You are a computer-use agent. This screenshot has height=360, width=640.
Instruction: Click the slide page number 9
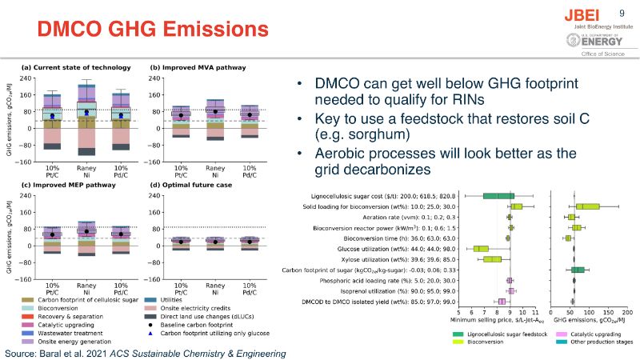click(622, 12)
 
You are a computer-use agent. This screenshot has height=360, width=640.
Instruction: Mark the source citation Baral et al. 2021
click(145, 352)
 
